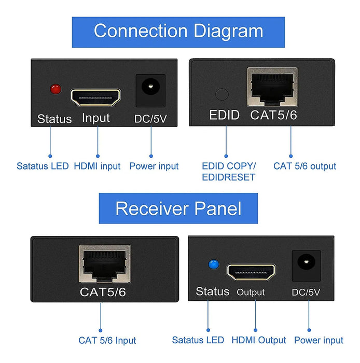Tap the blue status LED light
tap(212, 264)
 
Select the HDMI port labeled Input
tap(96, 96)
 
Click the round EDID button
tap(221, 94)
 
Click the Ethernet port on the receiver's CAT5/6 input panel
tap(103, 263)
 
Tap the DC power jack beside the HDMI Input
tap(150, 86)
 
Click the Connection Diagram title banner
tap(178, 32)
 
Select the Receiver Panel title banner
tap(178, 208)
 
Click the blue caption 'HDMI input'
tap(97, 166)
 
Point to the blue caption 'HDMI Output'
tap(258, 340)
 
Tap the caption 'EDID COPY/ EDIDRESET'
tap(229, 172)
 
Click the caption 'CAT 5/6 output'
tap(304, 166)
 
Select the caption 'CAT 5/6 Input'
tap(107, 341)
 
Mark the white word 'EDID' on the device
tap(224, 115)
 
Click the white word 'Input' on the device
tap(96, 118)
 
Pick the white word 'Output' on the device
tap(251, 292)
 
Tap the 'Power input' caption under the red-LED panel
tap(154, 166)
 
